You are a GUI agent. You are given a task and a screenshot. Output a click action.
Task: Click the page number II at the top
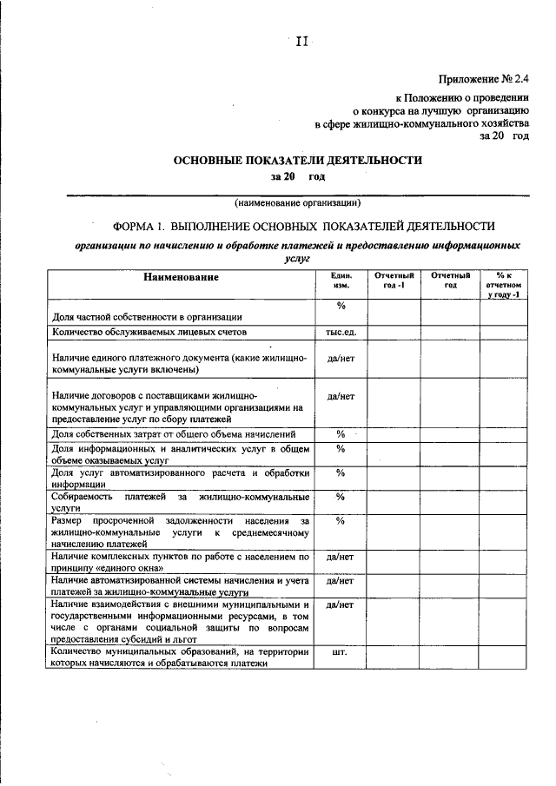pyautogui.click(x=301, y=41)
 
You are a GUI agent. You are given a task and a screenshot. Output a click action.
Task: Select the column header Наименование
pyautogui.click(x=182, y=277)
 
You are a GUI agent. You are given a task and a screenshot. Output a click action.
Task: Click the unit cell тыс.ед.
pyautogui.click(x=341, y=332)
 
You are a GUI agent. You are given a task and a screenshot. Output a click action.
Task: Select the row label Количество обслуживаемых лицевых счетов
pyautogui.click(x=149, y=332)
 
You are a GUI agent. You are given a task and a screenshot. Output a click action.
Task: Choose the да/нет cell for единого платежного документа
pyautogui.click(x=341, y=358)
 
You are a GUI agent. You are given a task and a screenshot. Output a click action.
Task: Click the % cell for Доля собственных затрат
pyautogui.click(x=341, y=433)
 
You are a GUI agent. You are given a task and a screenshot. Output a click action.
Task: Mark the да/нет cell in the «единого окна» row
pyautogui.click(x=341, y=557)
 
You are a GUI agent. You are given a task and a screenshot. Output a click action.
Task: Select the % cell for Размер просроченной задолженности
pyautogui.click(x=341, y=520)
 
